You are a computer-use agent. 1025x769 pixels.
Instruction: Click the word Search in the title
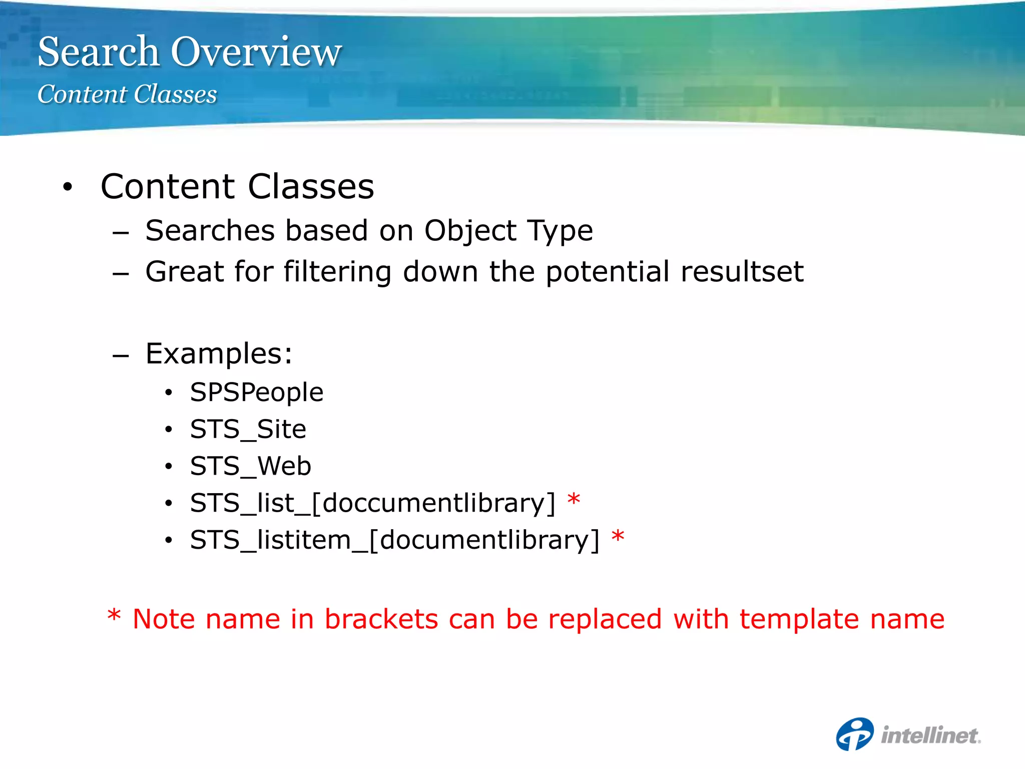coord(98,52)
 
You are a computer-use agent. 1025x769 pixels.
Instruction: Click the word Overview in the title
coord(256,52)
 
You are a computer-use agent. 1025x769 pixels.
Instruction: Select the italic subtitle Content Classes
coord(127,94)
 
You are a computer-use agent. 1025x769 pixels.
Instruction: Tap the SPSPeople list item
coord(256,392)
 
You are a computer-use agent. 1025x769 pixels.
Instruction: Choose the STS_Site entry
coord(248,429)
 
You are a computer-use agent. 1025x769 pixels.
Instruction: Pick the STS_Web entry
coord(250,466)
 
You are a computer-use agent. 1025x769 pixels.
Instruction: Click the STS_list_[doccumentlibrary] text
coord(372,503)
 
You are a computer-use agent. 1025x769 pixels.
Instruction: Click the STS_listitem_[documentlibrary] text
coord(394,540)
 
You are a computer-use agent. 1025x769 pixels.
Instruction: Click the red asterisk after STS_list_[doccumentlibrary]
coord(574,499)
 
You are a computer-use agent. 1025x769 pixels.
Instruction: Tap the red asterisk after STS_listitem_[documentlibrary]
coord(618,536)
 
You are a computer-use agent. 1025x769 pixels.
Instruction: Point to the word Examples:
coord(219,353)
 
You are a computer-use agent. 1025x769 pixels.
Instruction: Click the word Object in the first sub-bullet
coord(470,231)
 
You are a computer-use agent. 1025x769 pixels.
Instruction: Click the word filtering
coord(337,272)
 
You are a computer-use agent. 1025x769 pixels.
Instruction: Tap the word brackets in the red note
coord(381,619)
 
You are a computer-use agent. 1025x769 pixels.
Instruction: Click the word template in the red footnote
coord(799,619)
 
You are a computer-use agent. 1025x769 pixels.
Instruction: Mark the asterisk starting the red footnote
coord(114,616)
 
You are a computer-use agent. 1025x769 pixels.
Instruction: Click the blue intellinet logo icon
coord(855,734)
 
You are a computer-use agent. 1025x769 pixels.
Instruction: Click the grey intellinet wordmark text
coord(930,735)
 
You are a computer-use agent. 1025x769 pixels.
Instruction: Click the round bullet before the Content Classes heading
coord(68,187)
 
